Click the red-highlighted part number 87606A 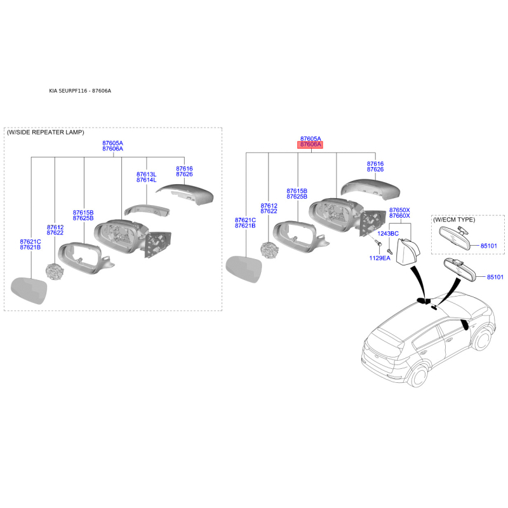click(x=311, y=145)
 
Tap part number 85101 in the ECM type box click(x=488, y=246)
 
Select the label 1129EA click(x=380, y=258)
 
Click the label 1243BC click(x=388, y=234)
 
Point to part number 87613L click(x=146, y=175)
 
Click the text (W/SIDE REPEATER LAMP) click(x=45, y=133)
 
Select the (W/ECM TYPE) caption click(x=454, y=220)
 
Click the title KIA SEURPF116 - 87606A click(x=80, y=91)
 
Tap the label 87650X click(x=399, y=210)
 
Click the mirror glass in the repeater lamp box click(x=29, y=290)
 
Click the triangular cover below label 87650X click(x=408, y=252)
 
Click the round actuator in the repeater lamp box click(x=55, y=272)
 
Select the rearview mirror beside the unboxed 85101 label click(x=460, y=269)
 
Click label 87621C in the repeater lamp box click(x=30, y=242)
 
